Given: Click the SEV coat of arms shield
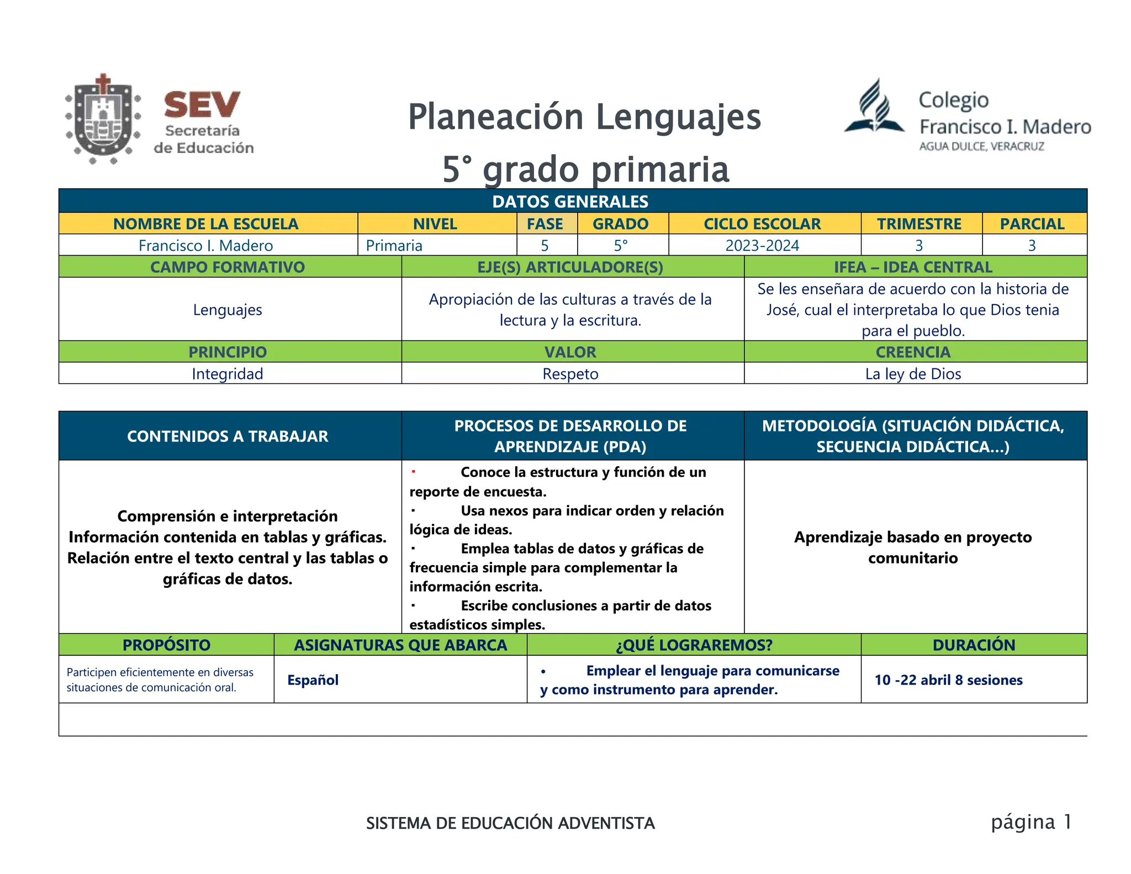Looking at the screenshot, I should (103, 118).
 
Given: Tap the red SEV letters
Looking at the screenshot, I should (202, 105).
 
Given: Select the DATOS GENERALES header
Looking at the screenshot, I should (570, 202).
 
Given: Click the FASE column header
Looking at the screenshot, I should (545, 224).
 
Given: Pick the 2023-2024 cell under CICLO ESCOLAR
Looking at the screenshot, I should (762, 245).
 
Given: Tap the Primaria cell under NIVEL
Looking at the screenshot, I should (394, 245).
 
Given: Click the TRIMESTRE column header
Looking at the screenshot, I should (919, 224).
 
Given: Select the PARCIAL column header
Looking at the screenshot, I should (1032, 224).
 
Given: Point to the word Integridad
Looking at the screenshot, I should (227, 374).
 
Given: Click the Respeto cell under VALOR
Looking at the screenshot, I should (570, 374).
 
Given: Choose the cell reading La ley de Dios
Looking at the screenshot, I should (913, 374).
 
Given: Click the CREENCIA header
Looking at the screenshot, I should (913, 352).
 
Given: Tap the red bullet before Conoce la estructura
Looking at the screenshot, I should (413, 471).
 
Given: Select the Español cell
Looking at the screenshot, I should (313, 680).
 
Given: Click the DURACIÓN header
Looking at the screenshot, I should (974, 645).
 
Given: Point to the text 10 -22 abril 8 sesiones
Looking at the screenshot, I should (948, 680).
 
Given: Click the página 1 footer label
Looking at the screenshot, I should (1031, 822).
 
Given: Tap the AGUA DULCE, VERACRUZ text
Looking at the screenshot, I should (981, 146).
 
